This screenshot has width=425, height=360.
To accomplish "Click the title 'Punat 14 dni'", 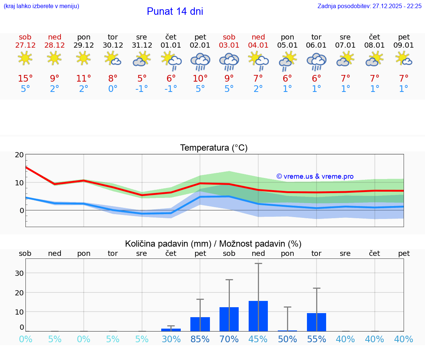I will coord(175,11).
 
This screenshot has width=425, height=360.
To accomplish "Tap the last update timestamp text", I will coord(369,6).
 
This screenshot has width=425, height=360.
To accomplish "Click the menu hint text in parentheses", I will coord(41,6).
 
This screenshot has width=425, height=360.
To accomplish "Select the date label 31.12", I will coord(142,45).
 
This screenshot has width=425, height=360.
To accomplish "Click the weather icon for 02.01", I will coord(200,61).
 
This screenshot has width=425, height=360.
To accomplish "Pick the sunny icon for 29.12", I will coord(84,58).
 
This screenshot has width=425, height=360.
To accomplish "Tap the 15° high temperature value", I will coord(25,78).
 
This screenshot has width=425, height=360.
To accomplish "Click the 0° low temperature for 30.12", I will coord(113,89).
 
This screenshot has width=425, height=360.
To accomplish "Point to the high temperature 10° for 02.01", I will coord(200,78).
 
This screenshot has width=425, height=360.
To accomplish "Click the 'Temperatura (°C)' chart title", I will coord(214,148).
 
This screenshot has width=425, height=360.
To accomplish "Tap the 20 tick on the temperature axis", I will coord(19,155).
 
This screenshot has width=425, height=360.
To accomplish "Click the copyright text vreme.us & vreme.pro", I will coord(315,176).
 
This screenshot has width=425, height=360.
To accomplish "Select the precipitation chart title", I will coord(213,244).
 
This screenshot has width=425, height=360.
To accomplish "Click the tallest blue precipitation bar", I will coord(258,316).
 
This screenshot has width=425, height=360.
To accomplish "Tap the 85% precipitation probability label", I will coord(200,339).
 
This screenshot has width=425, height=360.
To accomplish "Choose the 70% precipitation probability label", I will coord(229,339).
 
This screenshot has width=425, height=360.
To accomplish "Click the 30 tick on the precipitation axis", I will coord(19,273).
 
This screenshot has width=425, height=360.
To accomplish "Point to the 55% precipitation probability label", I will coord(317,339).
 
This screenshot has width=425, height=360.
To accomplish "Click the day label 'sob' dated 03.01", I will coord(229,37).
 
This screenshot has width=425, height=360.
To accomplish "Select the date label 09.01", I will coord(404,45).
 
